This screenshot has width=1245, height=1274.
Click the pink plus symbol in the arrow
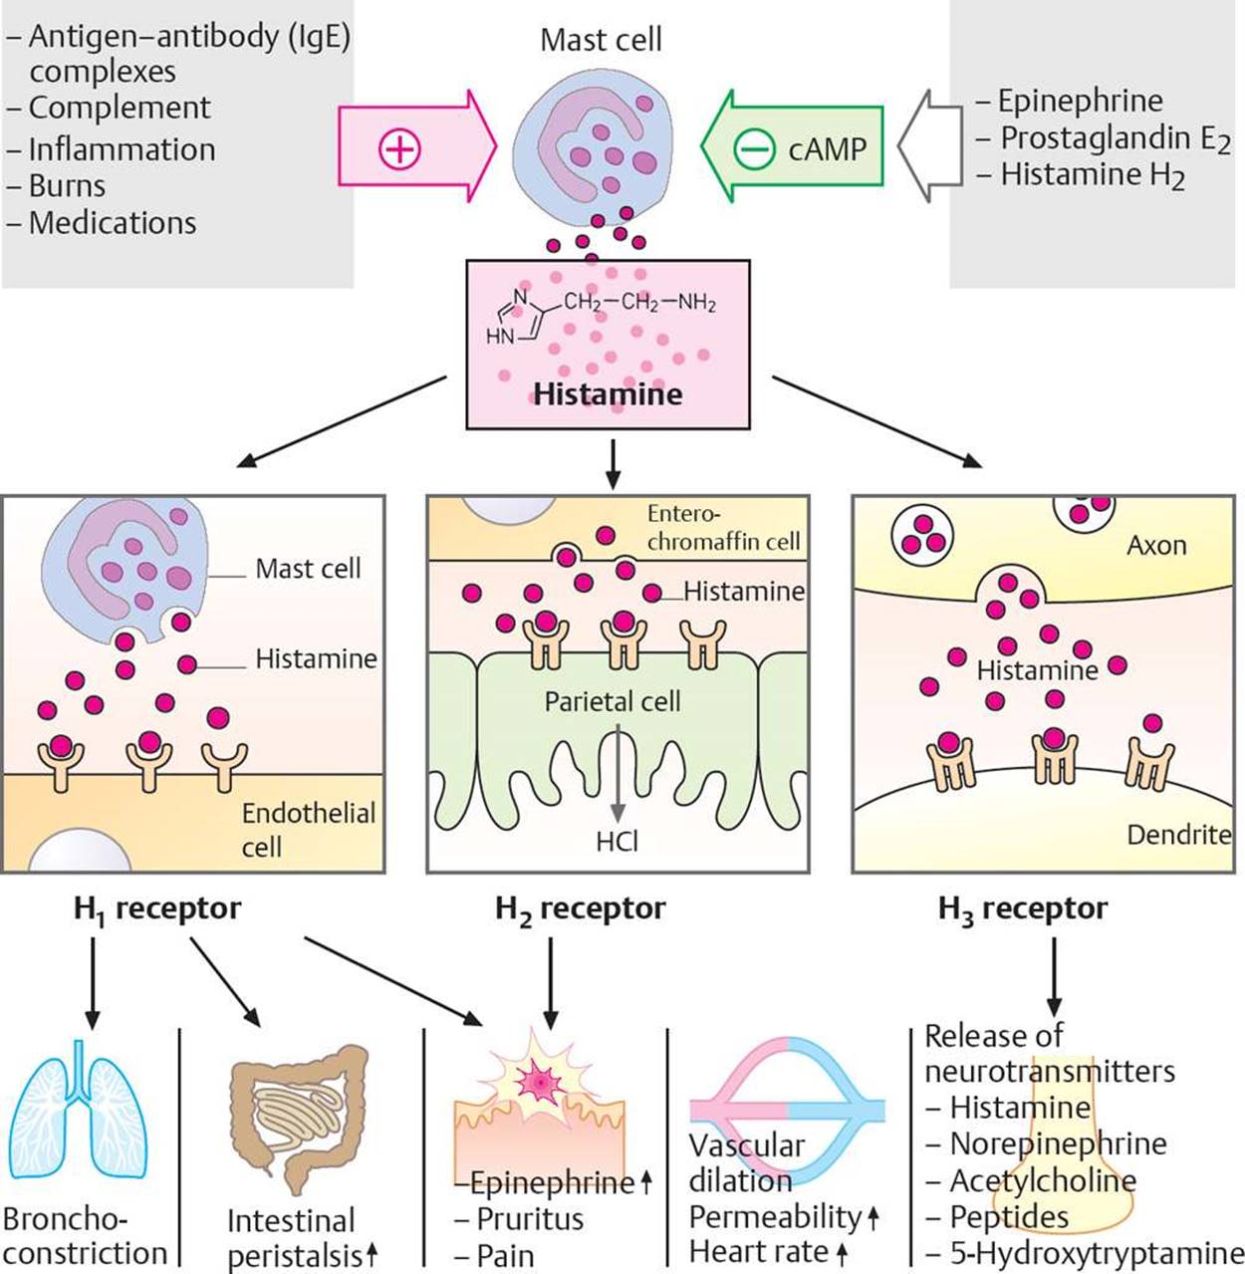pyautogui.click(x=399, y=148)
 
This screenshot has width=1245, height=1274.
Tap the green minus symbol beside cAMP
pyautogui.click(x=754, y=148)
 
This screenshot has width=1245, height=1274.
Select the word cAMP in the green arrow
pyautogui.click(x=828, y=149)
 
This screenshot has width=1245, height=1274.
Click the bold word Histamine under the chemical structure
pyautogui.click(x=608, y=394)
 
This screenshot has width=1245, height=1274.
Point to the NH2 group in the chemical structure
pyautogui.click(x=697, y=303)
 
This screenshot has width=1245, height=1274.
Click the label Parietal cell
pyautogui.click(x=612, y=702)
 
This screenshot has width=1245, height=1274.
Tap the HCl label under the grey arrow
pyautogui.click(x=617, y=842)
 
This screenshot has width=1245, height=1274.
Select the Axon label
pyautogui.click(x=1156, y=545)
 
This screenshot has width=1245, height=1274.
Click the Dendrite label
pyautogui.click(x=1178, y=835)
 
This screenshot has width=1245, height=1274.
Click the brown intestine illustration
pyautogui.click(x=298, y=1120)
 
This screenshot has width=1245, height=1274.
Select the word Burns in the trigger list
pyautogui.click(x=67, y=186)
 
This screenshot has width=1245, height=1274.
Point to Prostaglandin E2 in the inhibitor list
pyautogui.click(x=1115, y=139)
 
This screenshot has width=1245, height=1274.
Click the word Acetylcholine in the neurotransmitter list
pyautogui.click(x=1043, y=1180)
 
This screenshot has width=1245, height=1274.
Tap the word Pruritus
pyautogui.click(x=530, y=1218)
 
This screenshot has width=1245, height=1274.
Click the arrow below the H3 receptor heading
pyautogui.click(x=1054, y=976)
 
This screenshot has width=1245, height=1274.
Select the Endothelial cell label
pyautogui.click(x=309, y=830)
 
